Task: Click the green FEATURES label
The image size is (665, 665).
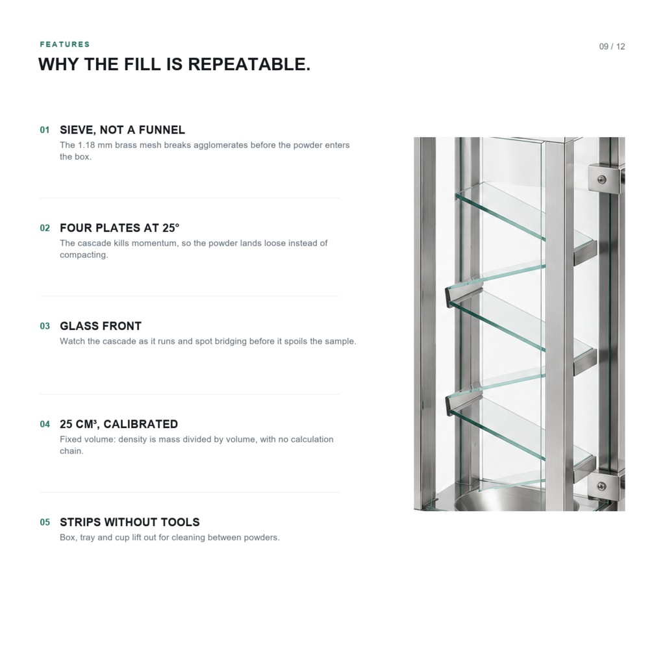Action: click(65, 45)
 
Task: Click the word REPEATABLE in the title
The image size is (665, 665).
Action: click(249, 64)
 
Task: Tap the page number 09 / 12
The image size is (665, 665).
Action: click(612, 47)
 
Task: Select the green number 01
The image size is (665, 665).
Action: click(45, 130)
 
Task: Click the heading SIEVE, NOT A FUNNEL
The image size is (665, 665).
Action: click(122, 130)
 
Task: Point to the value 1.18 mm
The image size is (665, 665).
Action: click(95, 145)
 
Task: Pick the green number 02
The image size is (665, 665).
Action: click(45, 228)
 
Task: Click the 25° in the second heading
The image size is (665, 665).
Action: click(171, 228)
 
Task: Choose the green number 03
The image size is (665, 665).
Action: click(45, 326)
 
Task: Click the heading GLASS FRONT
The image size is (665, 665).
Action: click(101, 326)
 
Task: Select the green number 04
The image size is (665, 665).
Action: click(45, 424)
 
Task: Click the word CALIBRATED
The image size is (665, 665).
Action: click(140, 424)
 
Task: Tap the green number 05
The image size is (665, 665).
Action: click(45, 522)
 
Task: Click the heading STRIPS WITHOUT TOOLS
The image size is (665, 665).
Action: click(130, 522)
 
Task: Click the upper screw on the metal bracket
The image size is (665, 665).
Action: click(601, 180)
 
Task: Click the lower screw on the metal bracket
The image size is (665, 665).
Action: click(601, 486)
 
